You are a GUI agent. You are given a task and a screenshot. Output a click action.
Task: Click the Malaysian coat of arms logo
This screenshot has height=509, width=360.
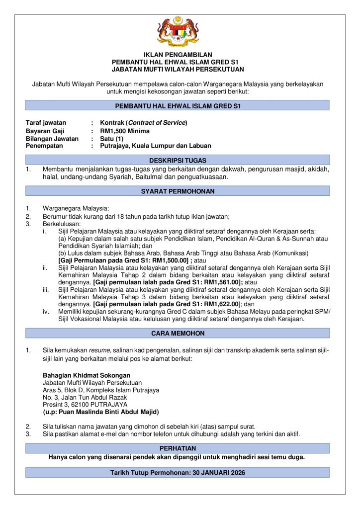(x=178, y=31)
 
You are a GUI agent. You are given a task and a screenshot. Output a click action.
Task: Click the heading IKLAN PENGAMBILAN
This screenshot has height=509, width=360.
(x=178, y=55)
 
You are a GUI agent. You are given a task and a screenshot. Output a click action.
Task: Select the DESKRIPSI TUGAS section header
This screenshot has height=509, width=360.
(x=178, y=161)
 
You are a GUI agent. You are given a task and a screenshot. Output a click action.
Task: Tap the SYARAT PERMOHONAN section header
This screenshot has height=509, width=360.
(x=178, y=191)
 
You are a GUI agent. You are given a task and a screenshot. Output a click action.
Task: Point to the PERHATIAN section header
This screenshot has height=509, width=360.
(x=178, y=448)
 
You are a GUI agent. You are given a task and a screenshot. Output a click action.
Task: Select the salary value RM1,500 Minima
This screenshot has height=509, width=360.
(x=124, y=131)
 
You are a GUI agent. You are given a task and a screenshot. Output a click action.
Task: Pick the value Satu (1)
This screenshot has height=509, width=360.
(x=112, y=139)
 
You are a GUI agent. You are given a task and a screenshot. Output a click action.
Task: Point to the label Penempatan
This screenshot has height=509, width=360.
(x=46, y=146)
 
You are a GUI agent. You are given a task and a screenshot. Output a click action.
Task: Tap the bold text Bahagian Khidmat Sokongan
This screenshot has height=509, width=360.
(x=87, y=375)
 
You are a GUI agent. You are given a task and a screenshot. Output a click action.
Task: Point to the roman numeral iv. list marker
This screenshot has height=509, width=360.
(x=46, y=312)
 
